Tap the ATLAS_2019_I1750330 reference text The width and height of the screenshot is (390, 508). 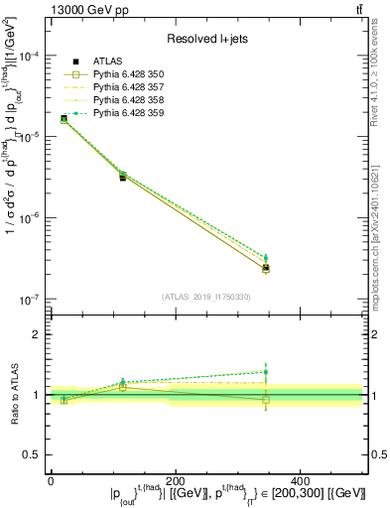tap(206, 296)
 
